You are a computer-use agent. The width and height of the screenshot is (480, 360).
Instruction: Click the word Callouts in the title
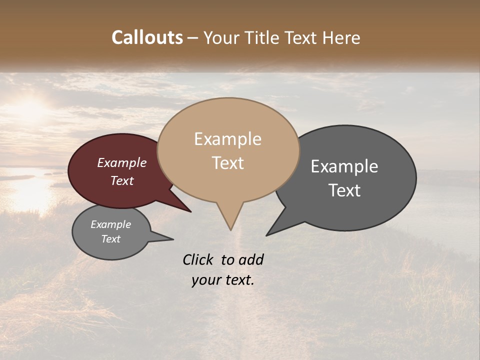[x=147, y=37]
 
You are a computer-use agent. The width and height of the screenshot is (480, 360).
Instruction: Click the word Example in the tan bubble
[x=227, y=139]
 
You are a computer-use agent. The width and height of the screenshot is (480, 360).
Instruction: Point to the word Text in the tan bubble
[x=227, y=163]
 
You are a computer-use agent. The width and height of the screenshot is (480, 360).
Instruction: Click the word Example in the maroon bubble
[x=122, y=163]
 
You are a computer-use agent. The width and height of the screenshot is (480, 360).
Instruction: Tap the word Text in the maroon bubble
[x=122, y=180]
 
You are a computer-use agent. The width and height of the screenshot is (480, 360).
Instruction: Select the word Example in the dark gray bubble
[x=344, y=166]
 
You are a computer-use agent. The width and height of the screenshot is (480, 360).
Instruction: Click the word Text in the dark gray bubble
[x=344, y=190]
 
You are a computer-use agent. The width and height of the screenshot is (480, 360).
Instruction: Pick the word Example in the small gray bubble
[x=111, y=224]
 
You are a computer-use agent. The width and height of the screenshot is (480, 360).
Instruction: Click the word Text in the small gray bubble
[x=111, y=239]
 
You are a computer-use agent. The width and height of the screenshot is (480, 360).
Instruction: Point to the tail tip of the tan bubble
[x=230, y=229]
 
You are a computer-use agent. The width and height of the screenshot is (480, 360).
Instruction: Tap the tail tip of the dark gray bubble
[x=267, y=235]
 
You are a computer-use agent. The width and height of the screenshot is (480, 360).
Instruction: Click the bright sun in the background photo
[x=30, y=107]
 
